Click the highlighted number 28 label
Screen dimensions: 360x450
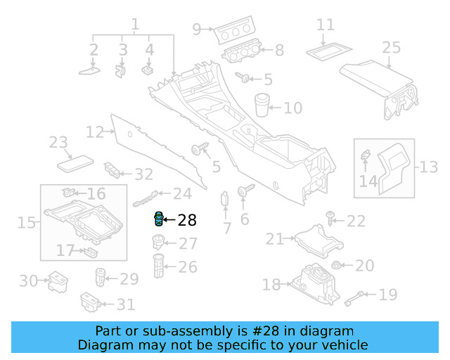pyautogui.click(x=187, y=221)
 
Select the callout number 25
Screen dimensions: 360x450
pyautogui.click(x=391, y=48)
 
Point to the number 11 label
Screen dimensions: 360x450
pyautogui.click(x=325, y=25)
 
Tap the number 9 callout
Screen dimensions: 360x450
pyautogui.click(x=197, y=29)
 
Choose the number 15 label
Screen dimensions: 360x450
pyautogui.click(x=27, y=223)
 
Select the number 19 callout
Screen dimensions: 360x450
pyautogui.click(x=388, y=295)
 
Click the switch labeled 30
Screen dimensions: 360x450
pyautogui.click(x=56, y=282)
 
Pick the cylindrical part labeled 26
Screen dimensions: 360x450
pyautogui.click(x=159, y=266)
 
